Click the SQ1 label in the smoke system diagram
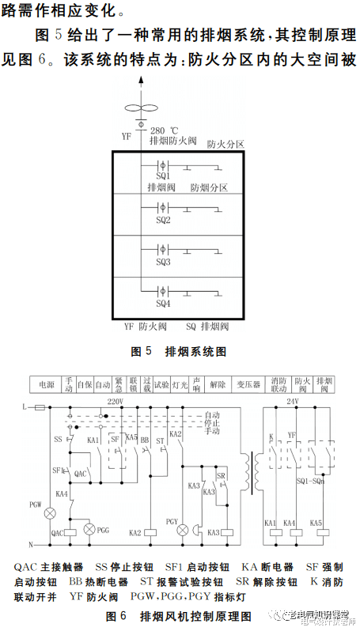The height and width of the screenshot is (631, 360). click(x=163, y=177)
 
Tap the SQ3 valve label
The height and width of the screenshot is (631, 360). click(x=163, y=262)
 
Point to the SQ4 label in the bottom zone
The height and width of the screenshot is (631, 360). click(x=163, y=304)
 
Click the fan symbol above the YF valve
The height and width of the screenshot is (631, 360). click(x=141, y=111)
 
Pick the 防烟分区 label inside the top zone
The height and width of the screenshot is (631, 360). click(x=209, y=188)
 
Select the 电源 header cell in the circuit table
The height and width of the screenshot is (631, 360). click(x=45, y=384)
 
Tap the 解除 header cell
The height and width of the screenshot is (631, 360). click(x=218, y=384)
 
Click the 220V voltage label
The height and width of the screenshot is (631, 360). click(x=116, y=402)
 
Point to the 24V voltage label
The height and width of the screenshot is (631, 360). click(x=292, y=402)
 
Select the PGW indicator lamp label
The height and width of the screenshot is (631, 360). click(x=36, y=504)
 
